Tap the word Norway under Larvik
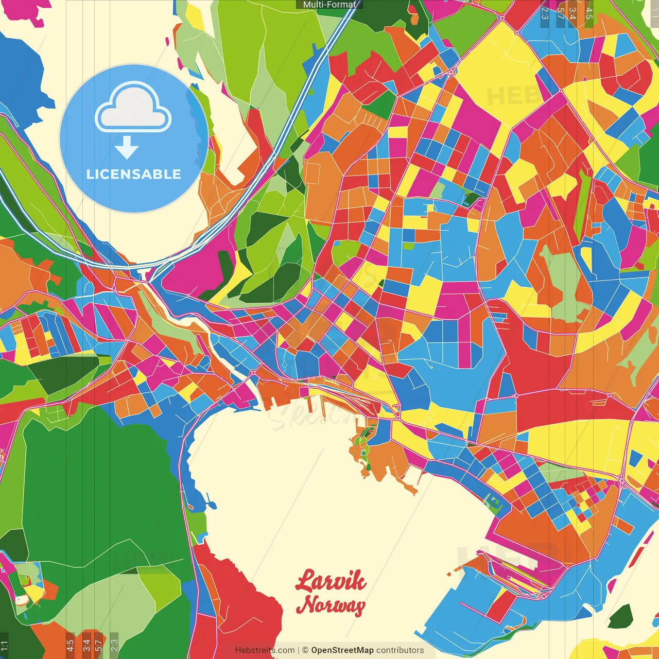[331, 604]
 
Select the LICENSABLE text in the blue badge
[134, 174]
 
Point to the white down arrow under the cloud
[127, 148]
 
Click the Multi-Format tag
[329, 5]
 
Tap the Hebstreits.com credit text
[265, 650]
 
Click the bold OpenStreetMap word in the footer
[342, 650]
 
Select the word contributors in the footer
[400, 650]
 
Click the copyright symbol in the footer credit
[305, 650]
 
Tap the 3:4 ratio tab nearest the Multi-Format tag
[573, 13]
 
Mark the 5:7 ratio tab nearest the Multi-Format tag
[560, 13]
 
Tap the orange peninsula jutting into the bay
[381, 458]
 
